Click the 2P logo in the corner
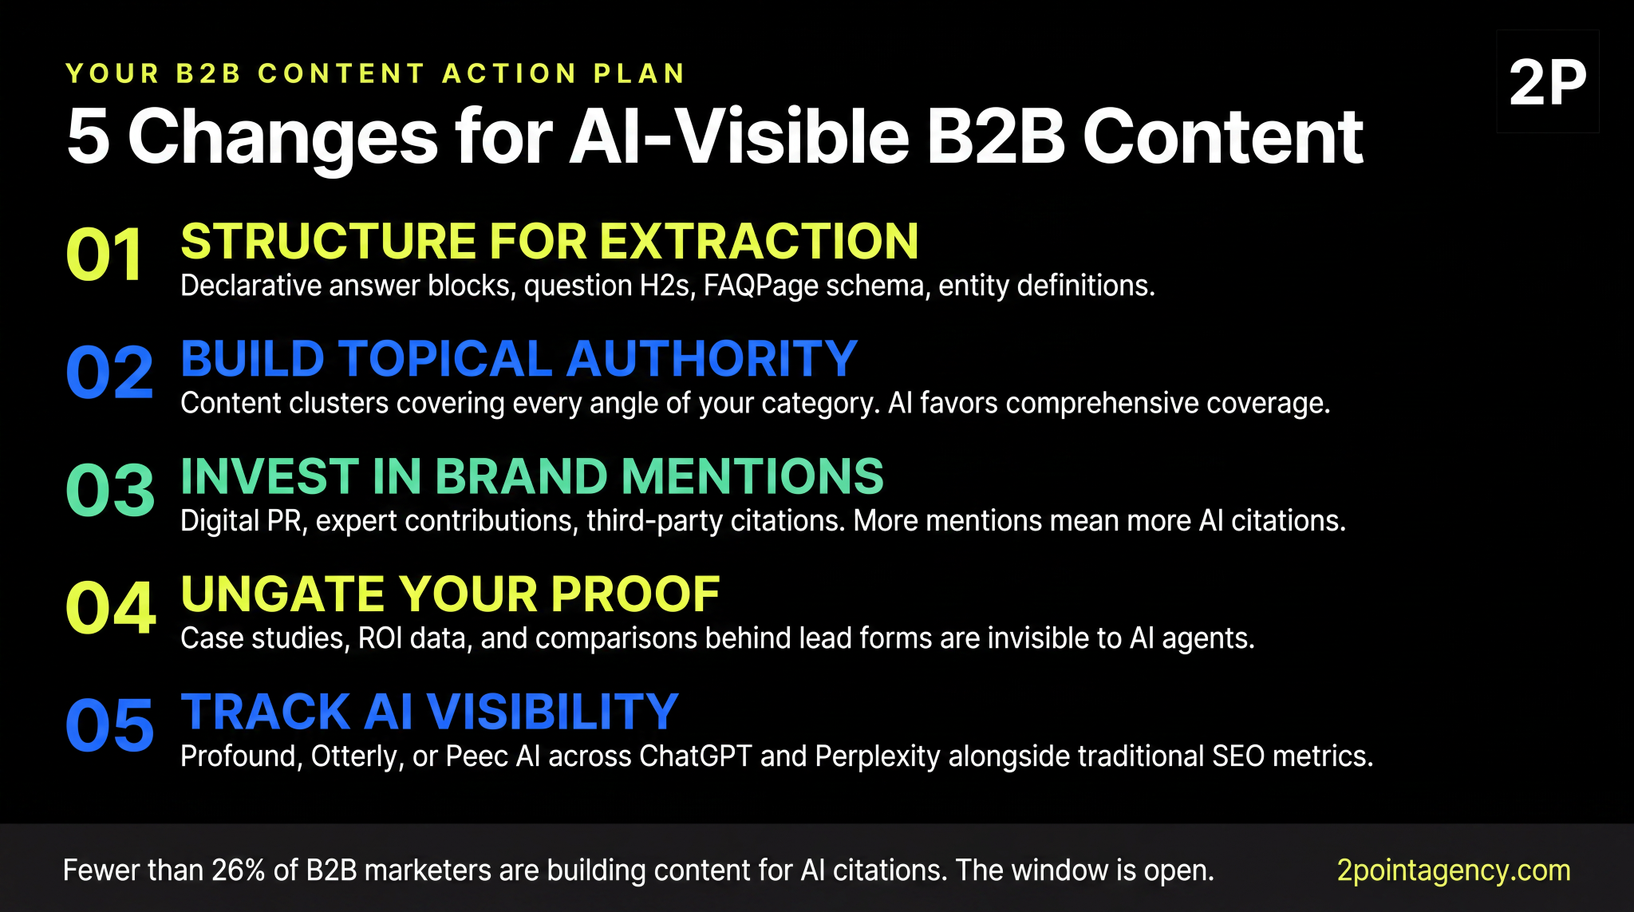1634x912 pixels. tap(1547, 82)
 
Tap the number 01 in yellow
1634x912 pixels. tap(105, 255)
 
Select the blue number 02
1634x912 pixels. tap(109, 373)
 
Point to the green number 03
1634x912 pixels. tap(110, 490)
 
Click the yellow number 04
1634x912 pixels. tap(110, 608)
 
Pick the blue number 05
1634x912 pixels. tap(109, 725)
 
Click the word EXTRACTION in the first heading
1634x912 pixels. tap(759, 241)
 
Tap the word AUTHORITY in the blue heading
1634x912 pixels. tap(712, 358)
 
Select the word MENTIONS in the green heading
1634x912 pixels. tap(752, 476)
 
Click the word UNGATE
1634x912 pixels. tap(283, 594)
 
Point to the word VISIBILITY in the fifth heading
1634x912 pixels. tap(552, 712)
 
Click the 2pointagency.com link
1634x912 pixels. tap(1453, 870)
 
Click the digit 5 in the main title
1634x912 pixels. tap(88, 137)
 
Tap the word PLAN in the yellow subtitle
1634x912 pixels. tap(639, 73)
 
